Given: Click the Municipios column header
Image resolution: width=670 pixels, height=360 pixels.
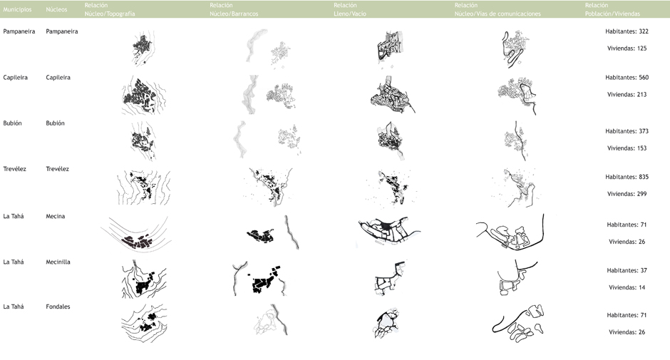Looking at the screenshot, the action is (x=18, y=9).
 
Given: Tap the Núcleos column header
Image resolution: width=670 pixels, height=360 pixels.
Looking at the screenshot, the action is (x=56, y=9).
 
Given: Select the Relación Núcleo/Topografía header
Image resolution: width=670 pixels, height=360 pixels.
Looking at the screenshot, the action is (x=110, y=9).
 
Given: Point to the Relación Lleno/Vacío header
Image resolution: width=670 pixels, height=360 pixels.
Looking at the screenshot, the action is (x=350, y=9).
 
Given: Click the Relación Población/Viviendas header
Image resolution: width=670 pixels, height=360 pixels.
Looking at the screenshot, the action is (x=612, y=9).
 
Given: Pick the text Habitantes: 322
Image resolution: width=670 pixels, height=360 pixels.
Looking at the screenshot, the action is (x=627, y=31).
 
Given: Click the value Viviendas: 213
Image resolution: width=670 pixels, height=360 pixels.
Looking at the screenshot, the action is (x=627, y=95).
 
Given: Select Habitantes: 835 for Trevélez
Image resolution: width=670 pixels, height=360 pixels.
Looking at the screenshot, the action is (x=627, y=177).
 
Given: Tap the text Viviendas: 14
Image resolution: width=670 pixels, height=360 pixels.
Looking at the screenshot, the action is (x=627, y=287).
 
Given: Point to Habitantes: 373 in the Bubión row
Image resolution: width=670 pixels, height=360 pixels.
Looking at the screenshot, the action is (x=627, y=131).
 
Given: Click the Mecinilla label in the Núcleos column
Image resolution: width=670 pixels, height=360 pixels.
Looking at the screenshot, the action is (x=58, y=262).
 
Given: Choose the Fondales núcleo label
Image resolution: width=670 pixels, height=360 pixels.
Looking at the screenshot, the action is (x=58, y=307).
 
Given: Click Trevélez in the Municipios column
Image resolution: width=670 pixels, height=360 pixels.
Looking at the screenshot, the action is (x=14, y=169).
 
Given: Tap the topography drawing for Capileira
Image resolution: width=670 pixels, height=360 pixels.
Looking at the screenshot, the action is (x=143, y=96).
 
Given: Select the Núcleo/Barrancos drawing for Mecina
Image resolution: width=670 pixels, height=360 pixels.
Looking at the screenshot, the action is (x=272, y=233).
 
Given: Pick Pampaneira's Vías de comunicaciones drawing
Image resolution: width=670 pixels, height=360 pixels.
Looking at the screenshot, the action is (x=515, y=48).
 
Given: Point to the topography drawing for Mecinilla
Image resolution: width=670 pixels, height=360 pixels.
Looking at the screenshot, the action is (x=143, y=279).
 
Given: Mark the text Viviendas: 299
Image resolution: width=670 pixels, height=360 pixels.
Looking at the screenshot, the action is (x=627, y=194).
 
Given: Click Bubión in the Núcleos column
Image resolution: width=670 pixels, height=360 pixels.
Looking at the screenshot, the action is (x=55, y=123).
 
